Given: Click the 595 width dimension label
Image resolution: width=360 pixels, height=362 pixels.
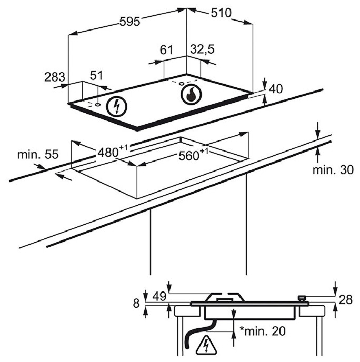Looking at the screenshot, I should point(129,22).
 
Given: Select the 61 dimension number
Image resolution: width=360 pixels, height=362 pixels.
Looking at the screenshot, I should point(166,51).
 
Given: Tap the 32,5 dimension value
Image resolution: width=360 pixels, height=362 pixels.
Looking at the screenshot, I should point(203,51).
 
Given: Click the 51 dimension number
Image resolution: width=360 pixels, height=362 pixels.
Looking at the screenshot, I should point(96,76).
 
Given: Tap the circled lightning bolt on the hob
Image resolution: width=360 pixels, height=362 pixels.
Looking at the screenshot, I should point(117,107).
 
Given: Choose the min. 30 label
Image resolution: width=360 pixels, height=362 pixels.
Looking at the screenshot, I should point(333,169).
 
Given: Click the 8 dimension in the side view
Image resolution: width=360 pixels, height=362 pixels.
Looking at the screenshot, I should point(137,304).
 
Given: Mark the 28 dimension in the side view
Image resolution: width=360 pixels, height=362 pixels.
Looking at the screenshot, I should point(345,299).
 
